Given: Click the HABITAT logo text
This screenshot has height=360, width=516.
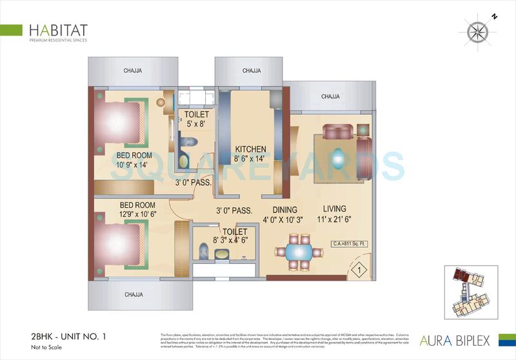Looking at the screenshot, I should (58, 30).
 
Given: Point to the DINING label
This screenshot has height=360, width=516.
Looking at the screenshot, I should (284, 210).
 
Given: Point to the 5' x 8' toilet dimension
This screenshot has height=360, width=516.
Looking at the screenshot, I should (195, 125).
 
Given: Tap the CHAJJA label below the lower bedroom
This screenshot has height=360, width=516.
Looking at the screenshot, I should (133, 295).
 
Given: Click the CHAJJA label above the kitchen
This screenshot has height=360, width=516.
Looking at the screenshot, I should (252, 70).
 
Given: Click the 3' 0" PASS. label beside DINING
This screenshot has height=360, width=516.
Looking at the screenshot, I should (233, 210).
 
